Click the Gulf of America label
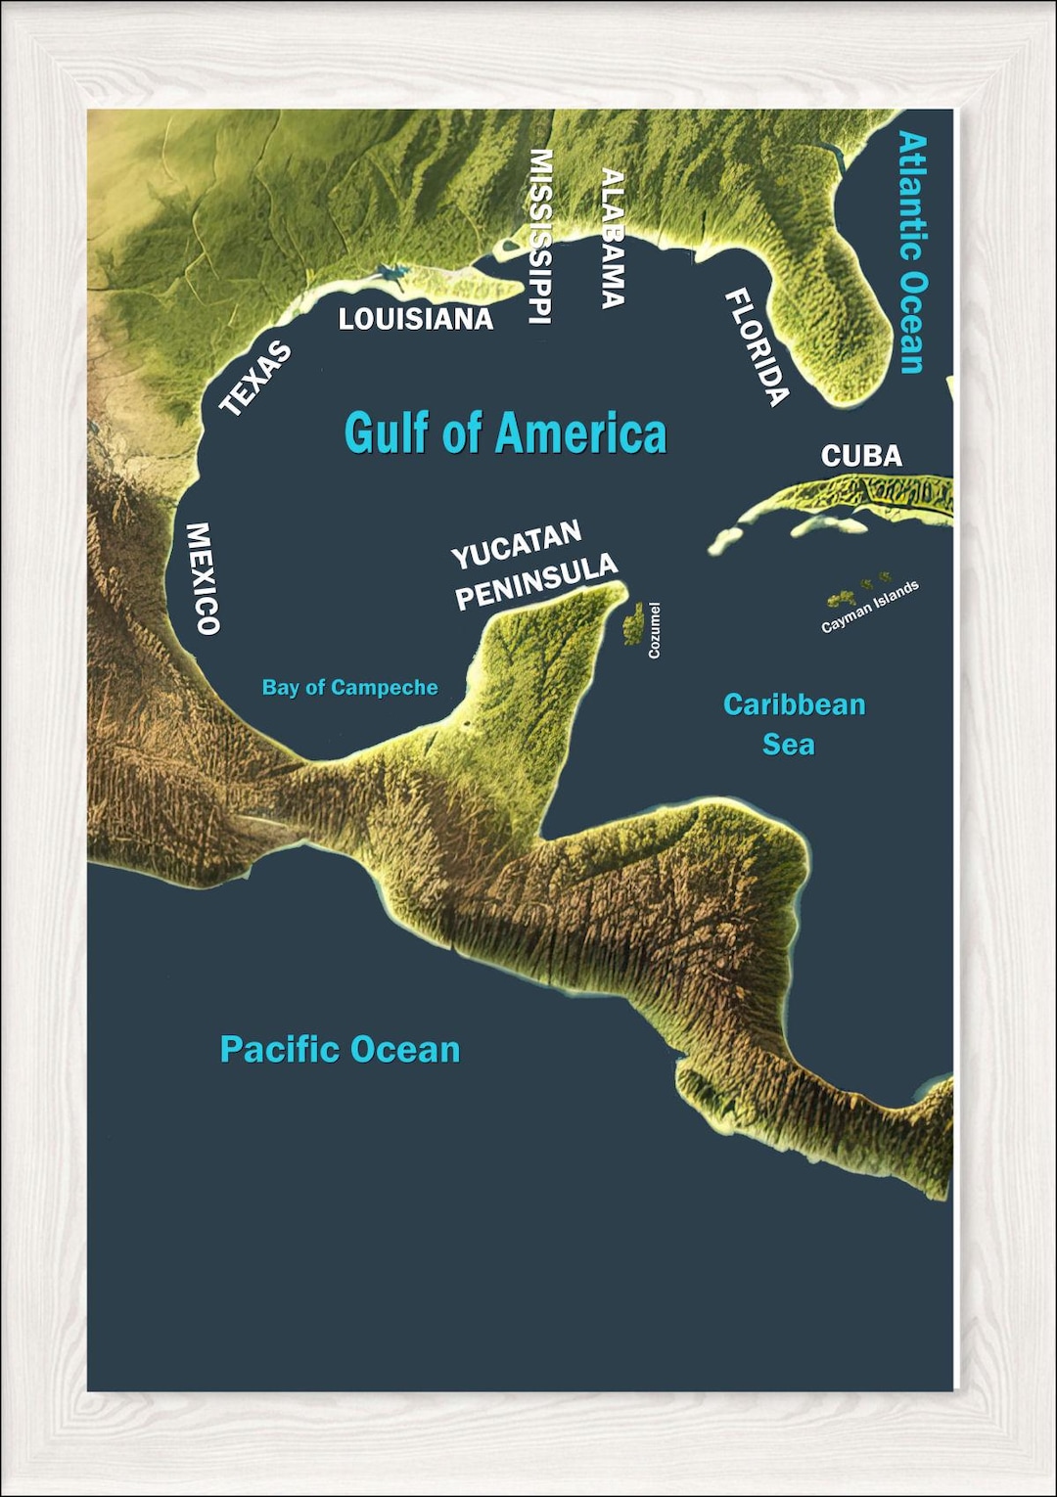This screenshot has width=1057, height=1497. [x=505, y=432]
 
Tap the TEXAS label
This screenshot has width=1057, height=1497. [x=255, y=379]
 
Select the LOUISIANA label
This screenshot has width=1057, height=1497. [x=415, y=319]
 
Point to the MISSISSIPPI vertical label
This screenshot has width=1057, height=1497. [x=540, y=236]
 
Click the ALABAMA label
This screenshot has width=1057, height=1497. [x=613, y=239]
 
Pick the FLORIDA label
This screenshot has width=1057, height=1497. [x=757, y=347]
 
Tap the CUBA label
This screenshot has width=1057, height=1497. [x=861, y=456]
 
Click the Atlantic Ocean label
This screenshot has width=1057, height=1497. [x=912, y=252]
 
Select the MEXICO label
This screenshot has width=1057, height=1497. [x=203, y=578]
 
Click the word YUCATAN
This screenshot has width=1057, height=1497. [x=516, y=545]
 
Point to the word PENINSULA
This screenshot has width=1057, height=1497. [x=536, y=582]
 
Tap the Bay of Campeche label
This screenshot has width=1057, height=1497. [x=349, y=688]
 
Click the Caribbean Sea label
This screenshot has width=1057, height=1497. [x=793, y=724]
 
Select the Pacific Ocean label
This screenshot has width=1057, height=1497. [x=340, y=1050]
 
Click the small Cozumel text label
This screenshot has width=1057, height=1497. [x=655, y=630]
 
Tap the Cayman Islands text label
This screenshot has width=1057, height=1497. [x=870, y=607]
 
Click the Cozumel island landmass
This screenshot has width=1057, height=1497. [x=634, y=623]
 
